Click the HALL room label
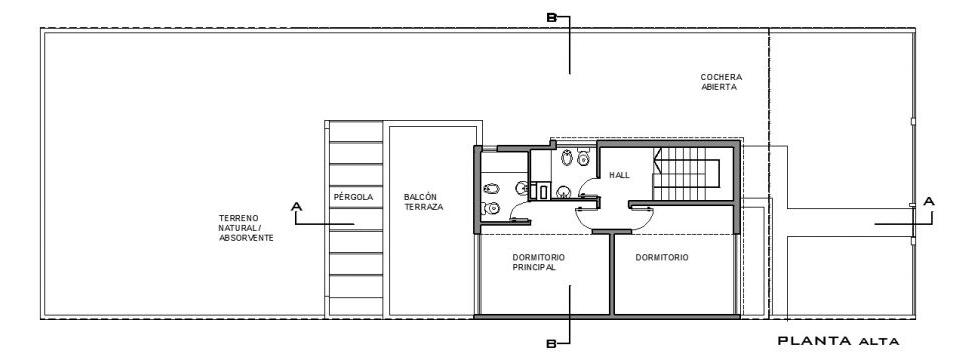coord(619,175)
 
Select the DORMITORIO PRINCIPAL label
coord(539,262)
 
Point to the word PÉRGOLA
coord(353,197)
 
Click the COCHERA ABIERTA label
coord(721,82)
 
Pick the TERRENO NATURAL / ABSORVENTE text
coord(246,228)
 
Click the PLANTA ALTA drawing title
coord(838,341)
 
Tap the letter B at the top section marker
coord(551,18)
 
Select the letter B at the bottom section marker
coord(551,344)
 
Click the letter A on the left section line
coord(297,207)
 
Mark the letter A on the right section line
coord(929,201)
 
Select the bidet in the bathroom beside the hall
coord(567,159)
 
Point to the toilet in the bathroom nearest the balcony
coord(491,209)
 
